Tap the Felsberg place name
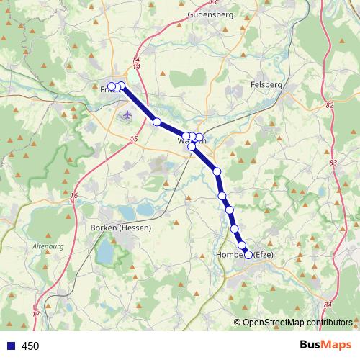point(268,84)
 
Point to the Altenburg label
point(48,246)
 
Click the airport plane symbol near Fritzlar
point(128,114)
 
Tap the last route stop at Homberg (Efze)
point(249,255)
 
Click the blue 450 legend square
point(10,346)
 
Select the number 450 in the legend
point(30,346)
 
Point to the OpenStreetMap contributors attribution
point(297,322)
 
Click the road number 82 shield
point(330,106)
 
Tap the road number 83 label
point(333,163)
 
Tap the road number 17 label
point(36,315)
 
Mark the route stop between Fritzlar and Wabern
point(157,122)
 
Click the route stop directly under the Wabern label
point(192,147)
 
